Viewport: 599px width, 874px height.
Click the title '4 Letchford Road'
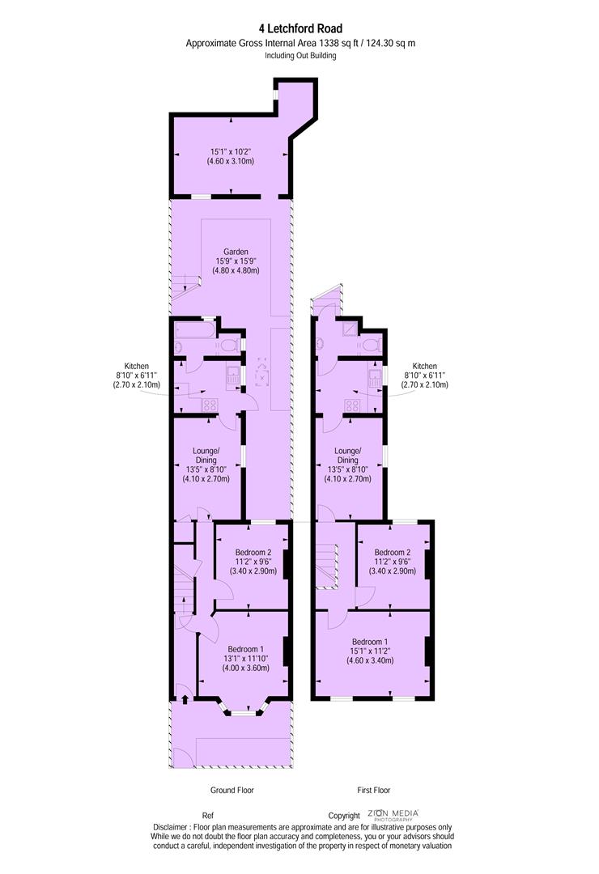tap(300, 28)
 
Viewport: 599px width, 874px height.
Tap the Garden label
tap(236, 252)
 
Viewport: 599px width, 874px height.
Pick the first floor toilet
tap(371, 345)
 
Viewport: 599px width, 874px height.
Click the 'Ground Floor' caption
tap(232, 790)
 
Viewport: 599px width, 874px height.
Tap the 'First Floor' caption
tap(374, 790)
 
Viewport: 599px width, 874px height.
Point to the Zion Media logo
tap(393, 815)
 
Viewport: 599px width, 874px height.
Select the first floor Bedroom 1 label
tap(370, 642)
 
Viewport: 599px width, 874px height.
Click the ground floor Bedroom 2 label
tap(253, 553)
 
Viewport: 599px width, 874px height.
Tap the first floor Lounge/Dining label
tap(347, 456)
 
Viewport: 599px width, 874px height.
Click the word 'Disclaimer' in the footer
tap(170, 827)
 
